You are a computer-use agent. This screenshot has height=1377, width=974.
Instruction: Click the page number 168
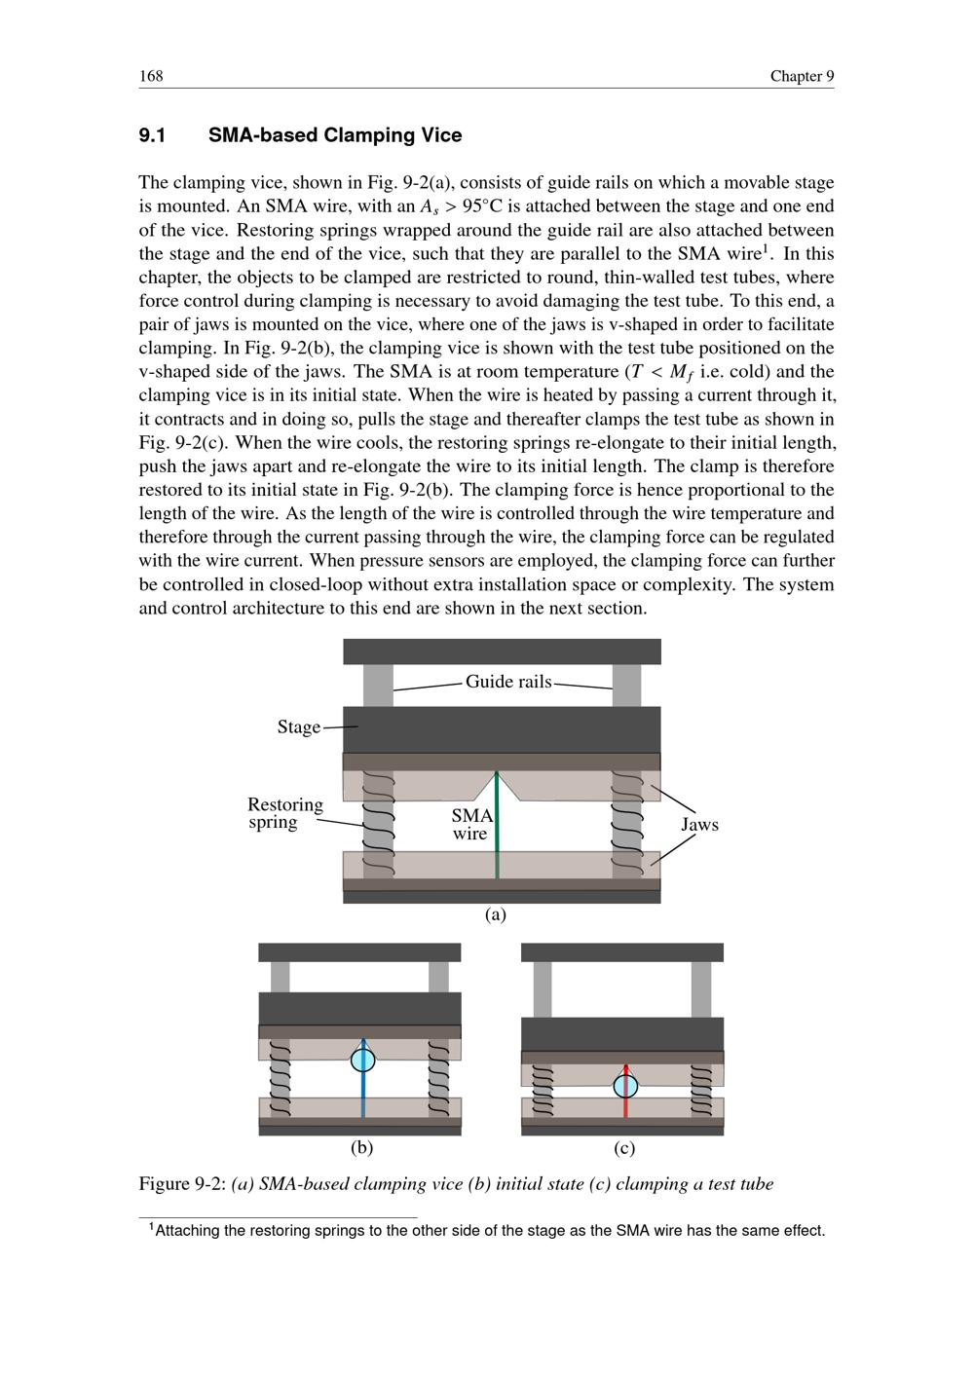point(150,76)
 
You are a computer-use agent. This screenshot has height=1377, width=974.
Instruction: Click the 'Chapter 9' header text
point(802,76)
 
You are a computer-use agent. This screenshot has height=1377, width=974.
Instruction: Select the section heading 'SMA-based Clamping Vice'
point(334,135)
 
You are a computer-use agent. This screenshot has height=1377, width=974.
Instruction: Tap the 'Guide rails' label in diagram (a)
point(507,682)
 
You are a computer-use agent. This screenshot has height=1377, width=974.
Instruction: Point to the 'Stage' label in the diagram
point(298,727)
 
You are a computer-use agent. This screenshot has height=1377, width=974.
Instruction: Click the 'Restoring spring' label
point(284,813)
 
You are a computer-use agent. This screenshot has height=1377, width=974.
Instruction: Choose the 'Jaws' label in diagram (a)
point(699,825)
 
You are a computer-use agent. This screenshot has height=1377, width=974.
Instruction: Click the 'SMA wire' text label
point(471,824)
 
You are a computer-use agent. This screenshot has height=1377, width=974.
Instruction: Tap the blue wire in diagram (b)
point(363,1091)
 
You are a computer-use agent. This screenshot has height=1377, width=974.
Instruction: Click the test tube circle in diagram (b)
point(363,1059)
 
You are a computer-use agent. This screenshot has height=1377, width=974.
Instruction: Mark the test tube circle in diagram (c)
point(626,1085)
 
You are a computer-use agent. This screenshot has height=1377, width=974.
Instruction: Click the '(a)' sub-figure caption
point(497,914)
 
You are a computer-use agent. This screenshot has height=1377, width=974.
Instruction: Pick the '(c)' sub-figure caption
point(625,1148)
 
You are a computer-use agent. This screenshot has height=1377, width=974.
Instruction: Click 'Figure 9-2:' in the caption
point(182,1184)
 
